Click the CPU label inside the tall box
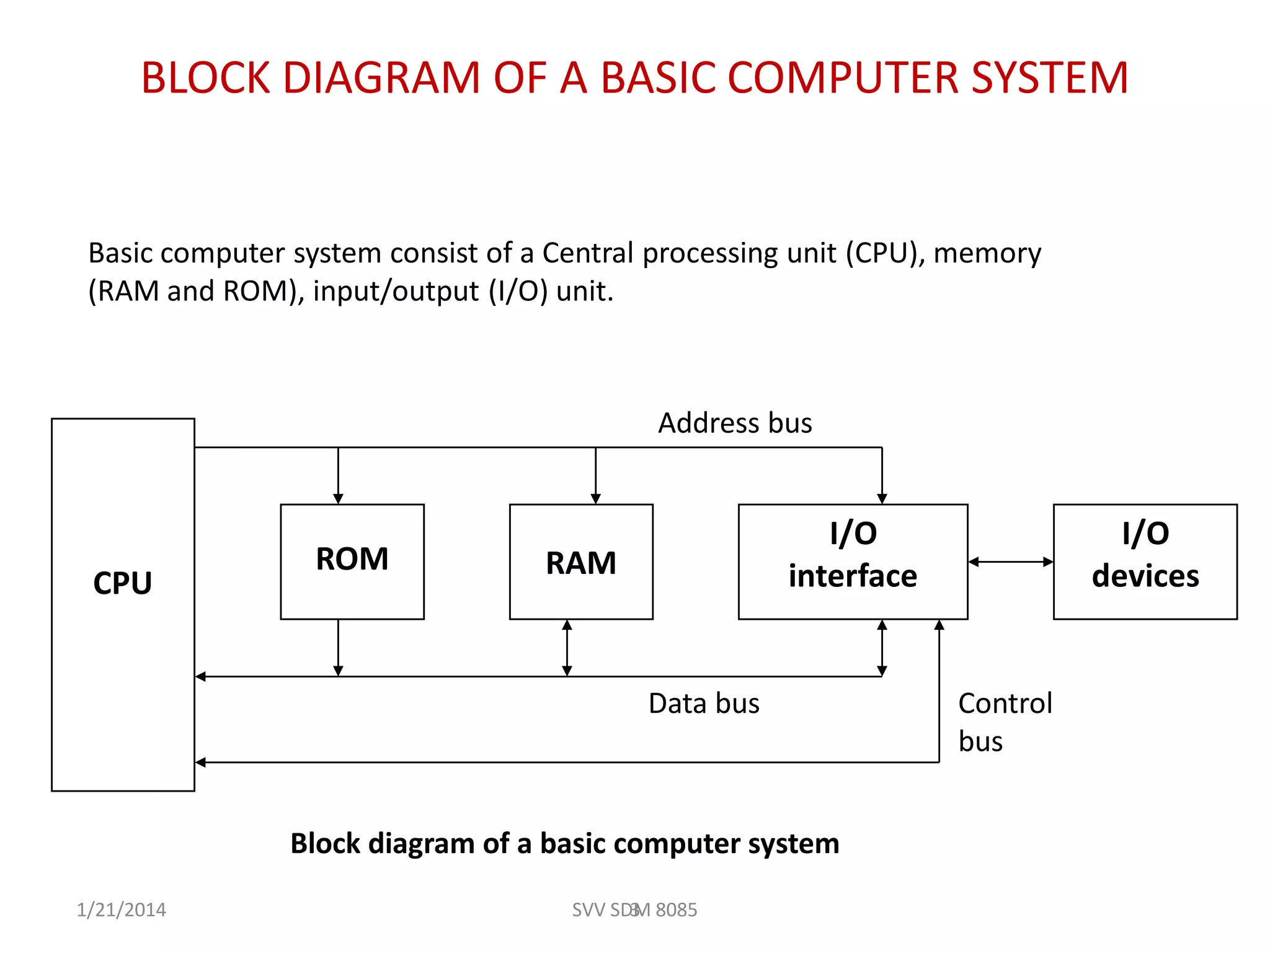click(x=122, y=583)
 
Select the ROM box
click(x=352, y=561)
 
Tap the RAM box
click(x=580, y=562)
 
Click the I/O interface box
click(x=852, y=561)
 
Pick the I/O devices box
click(x=1145, y=561)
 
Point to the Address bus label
click(x=734, y=423)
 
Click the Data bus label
click(x=703, y=704)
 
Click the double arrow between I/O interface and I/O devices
click(x=1010, y=562)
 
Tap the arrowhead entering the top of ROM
click(x=338, y=498)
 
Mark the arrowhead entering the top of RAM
click(x=595, y=498)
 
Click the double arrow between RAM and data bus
click(x=567, y=648)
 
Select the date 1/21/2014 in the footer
click(x=121, y=910)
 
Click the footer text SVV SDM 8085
click(x=634, y=910)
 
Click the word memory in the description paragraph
click(x=987, y=253)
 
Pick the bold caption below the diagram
click(x=564, y=844)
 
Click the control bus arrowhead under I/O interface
click(x=939, y=625)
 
